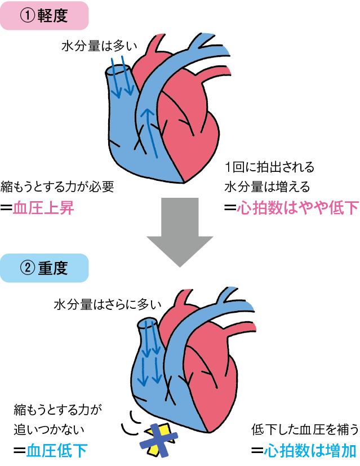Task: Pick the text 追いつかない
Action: pyautogui.click(x=47, y=429)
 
